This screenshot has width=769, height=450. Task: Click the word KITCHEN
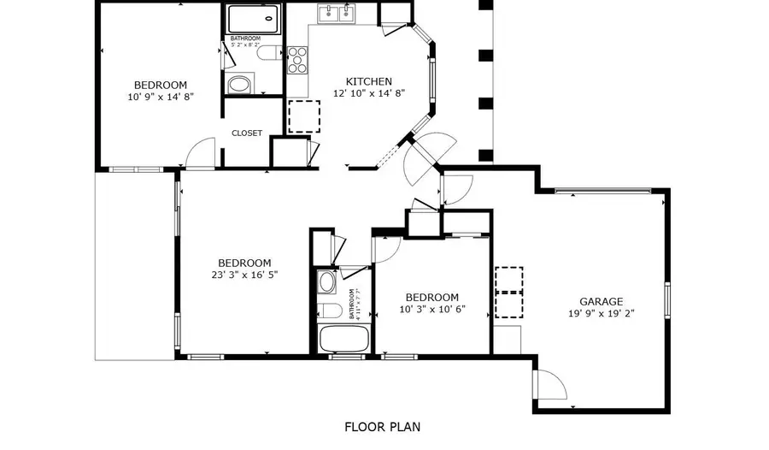pos(368,81)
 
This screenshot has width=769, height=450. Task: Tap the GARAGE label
pos(601,301)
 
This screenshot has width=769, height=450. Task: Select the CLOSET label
pos(247,133)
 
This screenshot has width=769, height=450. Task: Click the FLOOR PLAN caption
pos(382,426)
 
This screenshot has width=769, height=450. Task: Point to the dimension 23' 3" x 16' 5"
pos(244,275)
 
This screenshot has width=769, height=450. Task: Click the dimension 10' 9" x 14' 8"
pos(160,97)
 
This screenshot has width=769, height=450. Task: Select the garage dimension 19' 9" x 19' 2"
pos(601,313)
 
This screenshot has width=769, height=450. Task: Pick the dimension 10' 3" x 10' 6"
pos(431,309)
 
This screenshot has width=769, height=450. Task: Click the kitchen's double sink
pos(337,13)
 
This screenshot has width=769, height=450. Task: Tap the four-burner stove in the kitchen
pos(298,60)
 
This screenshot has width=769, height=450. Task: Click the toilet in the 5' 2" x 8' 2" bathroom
pos(267,56)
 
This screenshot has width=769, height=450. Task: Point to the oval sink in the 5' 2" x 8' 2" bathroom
pos(240,85)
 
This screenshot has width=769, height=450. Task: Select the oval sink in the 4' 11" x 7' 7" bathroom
pos(326,281)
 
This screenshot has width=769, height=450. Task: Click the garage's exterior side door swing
pos(549,384)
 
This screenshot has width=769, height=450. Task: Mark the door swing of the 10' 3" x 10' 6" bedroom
pos(386,249)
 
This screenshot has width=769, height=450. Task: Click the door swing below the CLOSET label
pos(202,153)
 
